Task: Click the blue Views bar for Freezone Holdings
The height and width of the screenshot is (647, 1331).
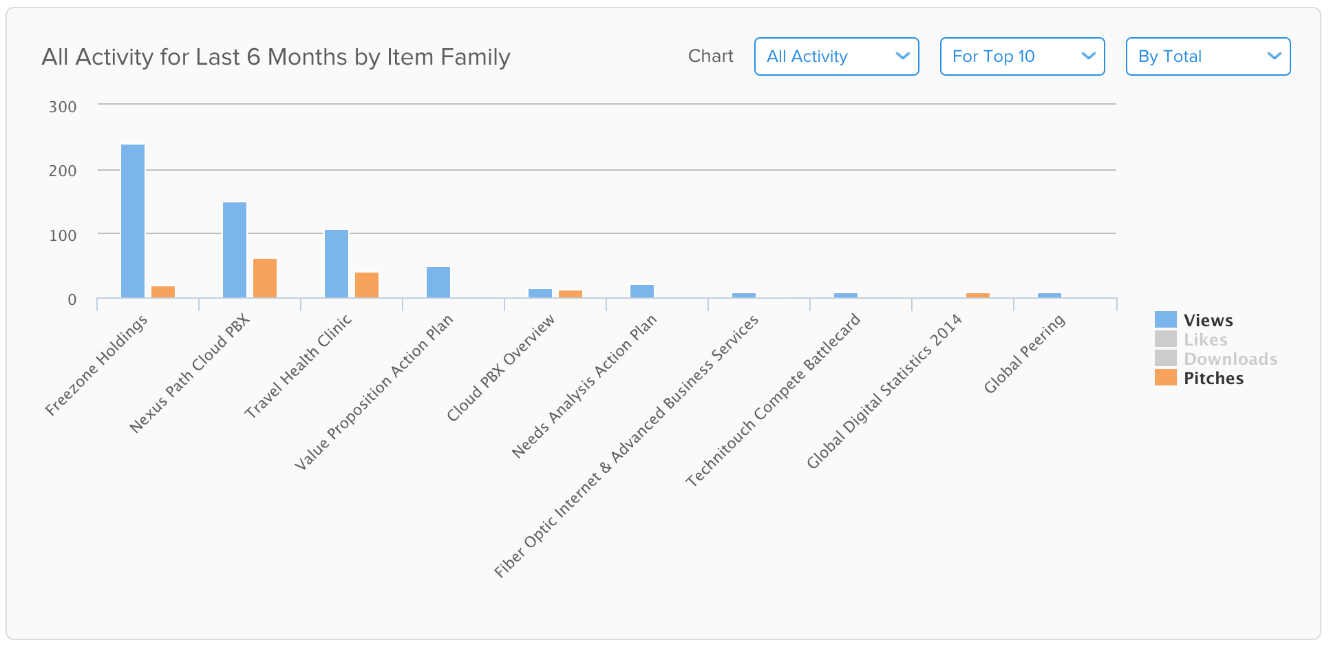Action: click(x=133, y=221)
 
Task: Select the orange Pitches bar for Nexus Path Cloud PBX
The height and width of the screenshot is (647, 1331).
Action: click(x=265, y=278)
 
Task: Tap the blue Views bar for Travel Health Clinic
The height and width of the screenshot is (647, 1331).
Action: click(x=337, y=264)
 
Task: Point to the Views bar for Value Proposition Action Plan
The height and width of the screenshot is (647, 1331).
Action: click(x=438, y=282)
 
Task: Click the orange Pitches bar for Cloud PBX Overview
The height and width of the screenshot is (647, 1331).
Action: click(x=571, y=294)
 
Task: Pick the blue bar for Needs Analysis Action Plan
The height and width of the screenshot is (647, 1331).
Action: click(x=642, y=291)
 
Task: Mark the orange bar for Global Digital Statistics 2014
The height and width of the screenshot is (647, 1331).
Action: click(x=978, y=295)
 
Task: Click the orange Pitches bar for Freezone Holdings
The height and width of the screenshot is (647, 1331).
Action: click(x=163, y=292)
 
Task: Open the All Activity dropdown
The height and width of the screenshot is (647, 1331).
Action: click(x=837, y=56)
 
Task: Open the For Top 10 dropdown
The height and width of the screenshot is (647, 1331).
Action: click(x=1023, y=56)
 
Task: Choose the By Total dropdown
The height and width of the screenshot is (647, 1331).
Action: click(x=1208, y=56)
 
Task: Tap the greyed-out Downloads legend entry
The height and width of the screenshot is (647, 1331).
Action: click(x=1216, y=359)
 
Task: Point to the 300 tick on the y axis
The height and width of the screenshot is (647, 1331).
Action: click(x=63, y=107)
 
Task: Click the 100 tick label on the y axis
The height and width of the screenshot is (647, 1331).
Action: click(x=63, y=235)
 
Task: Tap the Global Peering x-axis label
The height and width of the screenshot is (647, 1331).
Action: click(x=1024, y=353)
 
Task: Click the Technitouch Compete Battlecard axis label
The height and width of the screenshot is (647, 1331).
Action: click(x=773, y=400)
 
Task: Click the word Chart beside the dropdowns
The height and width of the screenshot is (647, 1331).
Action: click(x=711, y=56)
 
